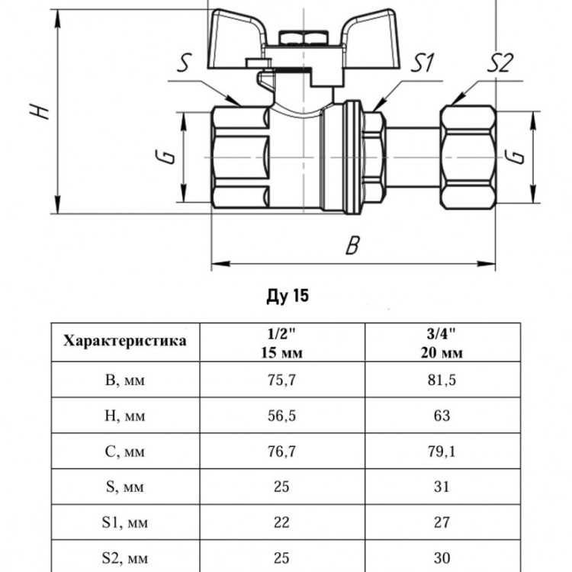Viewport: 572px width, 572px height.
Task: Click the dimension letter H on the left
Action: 40,111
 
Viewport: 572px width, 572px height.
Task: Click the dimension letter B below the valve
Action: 353,245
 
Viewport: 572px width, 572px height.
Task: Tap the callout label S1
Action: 423,63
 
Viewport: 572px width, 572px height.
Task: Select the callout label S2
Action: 500,63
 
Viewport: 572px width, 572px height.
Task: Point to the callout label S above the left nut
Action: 184,63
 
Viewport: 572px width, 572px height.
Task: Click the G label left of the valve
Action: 169,156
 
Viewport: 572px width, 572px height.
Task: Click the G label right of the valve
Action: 516,156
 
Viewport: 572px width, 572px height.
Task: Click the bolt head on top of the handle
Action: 304,38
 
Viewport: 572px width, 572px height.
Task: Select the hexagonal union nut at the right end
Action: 468,157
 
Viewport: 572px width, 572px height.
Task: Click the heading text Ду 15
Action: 288,295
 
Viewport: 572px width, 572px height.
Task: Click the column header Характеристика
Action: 125,341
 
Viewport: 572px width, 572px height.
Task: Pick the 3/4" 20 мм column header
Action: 442,342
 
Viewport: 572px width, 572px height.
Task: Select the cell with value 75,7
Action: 281,380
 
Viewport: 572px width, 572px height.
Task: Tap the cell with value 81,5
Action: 442,380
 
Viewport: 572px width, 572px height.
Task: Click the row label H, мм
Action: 125,416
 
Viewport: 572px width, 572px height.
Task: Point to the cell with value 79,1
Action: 442,451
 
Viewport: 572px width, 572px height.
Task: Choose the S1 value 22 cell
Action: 281,522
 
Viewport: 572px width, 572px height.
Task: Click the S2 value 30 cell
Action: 442,558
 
